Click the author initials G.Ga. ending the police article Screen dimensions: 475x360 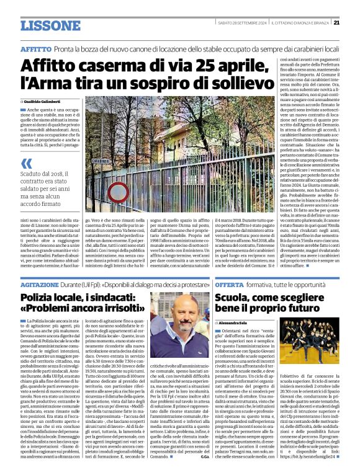tap(204, 457)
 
